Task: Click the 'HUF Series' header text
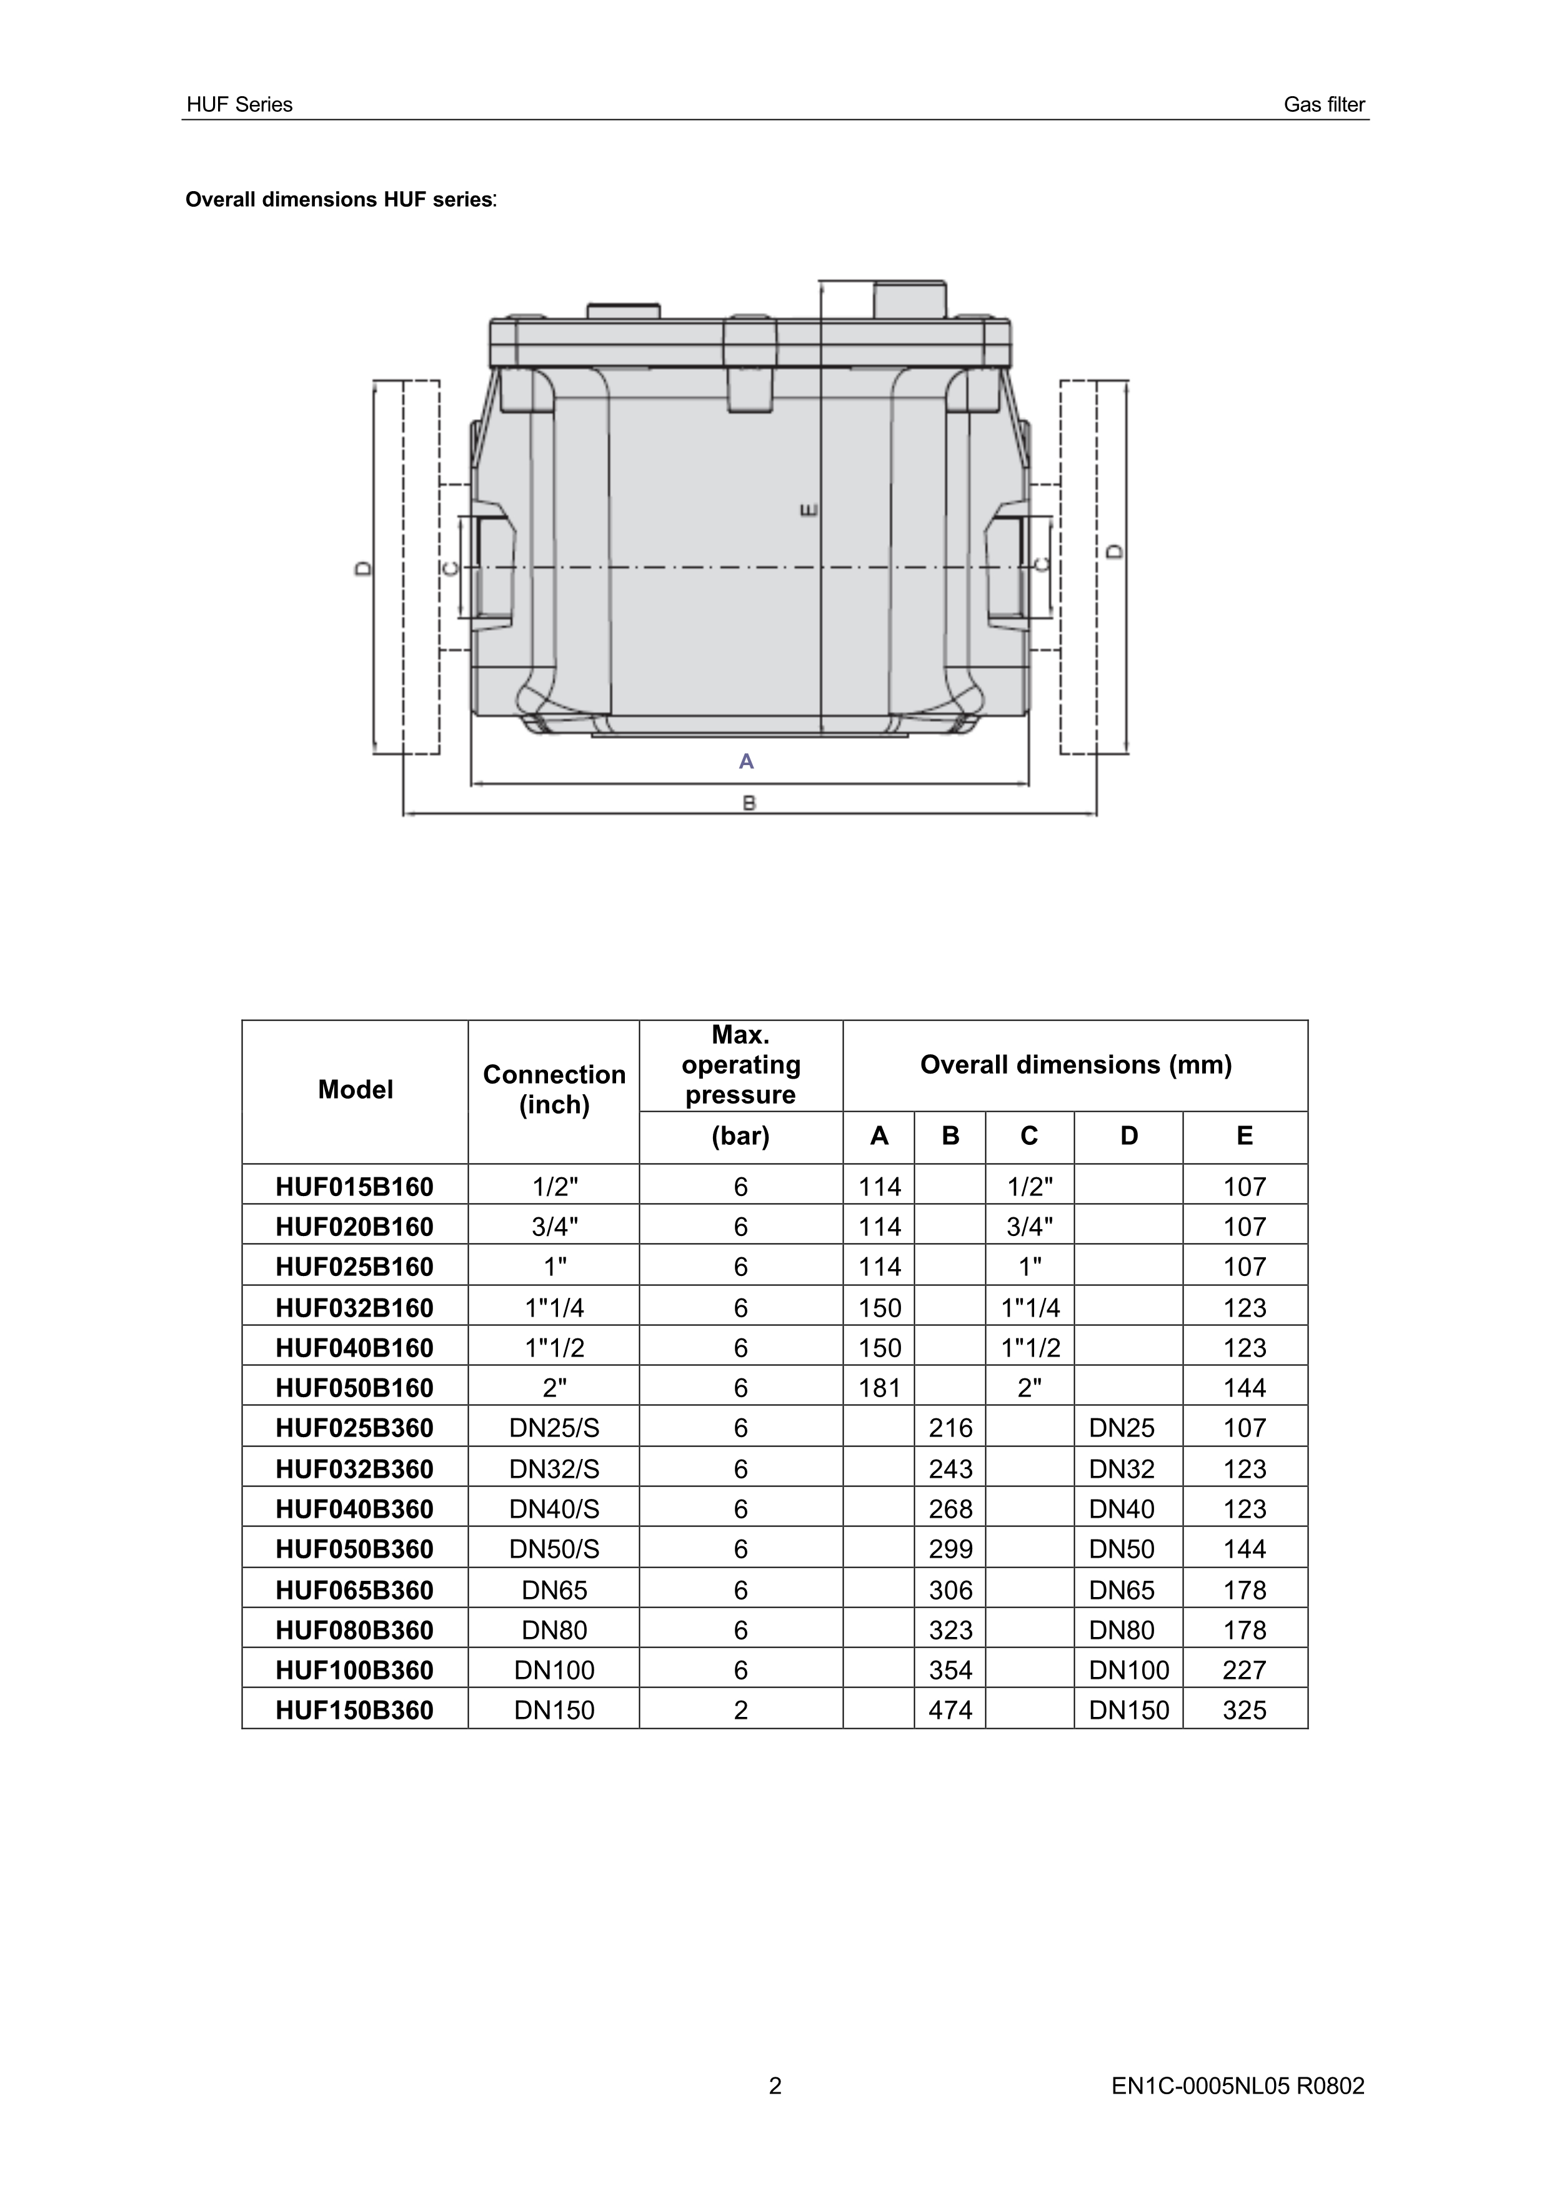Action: click(239, 105)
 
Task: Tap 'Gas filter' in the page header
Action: click(1324, 105)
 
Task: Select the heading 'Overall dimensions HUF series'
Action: click(340, 199)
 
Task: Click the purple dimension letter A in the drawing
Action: click(746, 761)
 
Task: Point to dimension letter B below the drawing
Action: click(749, 803)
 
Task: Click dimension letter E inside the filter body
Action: click(809, 510)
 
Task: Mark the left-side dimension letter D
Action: click(362, 568)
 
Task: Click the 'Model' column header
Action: click(355, 1090)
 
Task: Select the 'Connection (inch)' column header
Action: click(554, 1090)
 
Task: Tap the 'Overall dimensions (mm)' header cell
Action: click(1075, 1065)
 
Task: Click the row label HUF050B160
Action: click(355, 1388)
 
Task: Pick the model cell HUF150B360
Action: click(355, 1710)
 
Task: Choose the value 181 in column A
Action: click(879, 1388)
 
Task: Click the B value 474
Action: click(950, 1710)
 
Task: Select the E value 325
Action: click(1245, 1710)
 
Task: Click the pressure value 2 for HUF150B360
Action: click(740, 1710)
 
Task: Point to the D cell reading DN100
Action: click(1129, 1670)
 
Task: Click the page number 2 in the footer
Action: click(775, 2086)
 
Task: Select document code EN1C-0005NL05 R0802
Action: click(1238, 2086)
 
